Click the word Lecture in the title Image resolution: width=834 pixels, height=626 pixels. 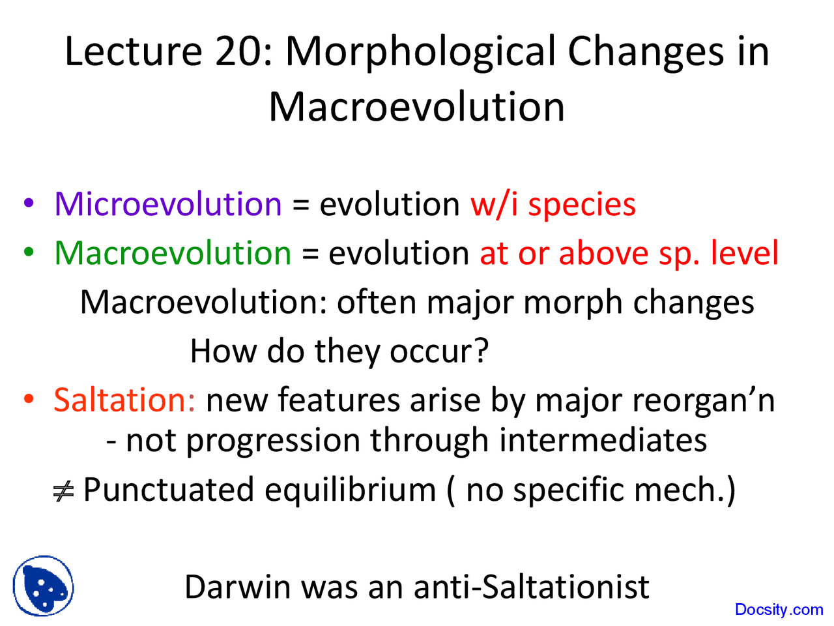(x=134, y=52)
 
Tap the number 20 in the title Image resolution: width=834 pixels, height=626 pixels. (x=243, y=52)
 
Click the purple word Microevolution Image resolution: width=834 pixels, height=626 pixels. (x=168, y=204)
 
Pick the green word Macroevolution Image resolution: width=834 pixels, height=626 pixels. (x=173, y=253)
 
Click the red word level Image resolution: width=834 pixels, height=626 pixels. (x=745, y=253)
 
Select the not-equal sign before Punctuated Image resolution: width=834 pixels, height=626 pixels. (x=64, y=490)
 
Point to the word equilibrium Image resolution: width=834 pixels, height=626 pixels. (x=350, y=490)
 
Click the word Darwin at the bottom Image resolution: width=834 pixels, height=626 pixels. (x=237, y=586)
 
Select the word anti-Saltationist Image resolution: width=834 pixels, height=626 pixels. (x=531, y=586)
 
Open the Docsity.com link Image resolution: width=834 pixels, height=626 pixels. (x=779, y=610)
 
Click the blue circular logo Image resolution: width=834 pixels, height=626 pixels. (x=43, y=586)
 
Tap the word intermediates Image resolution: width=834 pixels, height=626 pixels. (x=603, y=440)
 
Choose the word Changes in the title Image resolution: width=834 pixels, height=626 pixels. (x=645, y=52)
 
